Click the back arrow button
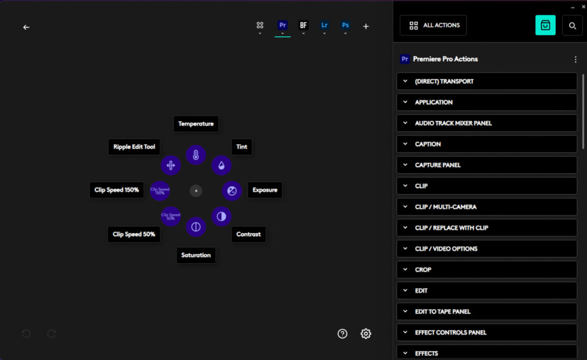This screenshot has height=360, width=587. point(26,27)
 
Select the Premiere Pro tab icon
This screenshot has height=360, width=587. point(282,25)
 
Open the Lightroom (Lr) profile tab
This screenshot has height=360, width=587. point(324,25)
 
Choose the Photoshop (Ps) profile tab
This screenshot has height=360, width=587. point(345,25)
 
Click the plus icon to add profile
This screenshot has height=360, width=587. point(366,26)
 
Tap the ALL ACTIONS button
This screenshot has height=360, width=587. point(433,25)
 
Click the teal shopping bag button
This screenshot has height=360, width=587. point(545,25)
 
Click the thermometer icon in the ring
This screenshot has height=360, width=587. point(196,155)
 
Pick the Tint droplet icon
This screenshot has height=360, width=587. point(221,165)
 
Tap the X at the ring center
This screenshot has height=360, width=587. point(196,191)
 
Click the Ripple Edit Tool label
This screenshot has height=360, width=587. point(134,147)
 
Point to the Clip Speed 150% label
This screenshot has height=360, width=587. point(116,190)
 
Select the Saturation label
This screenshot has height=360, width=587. point(196,255)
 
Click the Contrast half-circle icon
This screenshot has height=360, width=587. point(221,216)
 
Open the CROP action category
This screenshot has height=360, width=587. point(487,270)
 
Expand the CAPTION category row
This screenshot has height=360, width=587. point(487,144)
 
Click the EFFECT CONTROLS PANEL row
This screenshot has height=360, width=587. point(487,332)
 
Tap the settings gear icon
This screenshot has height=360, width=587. point(366,334)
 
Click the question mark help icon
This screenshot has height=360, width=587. point(342,334)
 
